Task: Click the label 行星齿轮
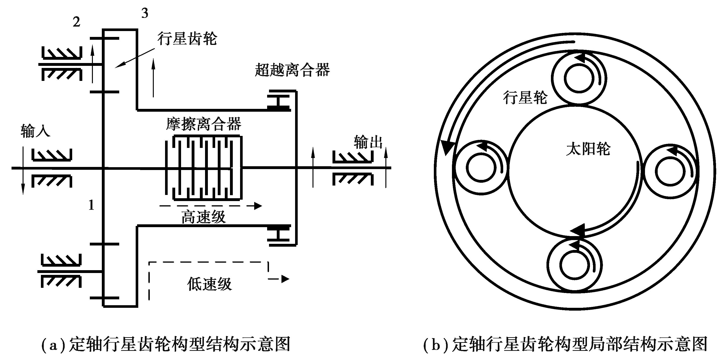click(x=187, y=39)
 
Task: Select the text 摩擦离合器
click(x=203, y=124)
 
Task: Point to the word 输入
click(x=35, y=131)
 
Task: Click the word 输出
click(x=368, y=142)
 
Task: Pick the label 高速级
click(x=203, y=217)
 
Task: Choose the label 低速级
click(x=209, y=284)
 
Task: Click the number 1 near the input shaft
click(x=91, y=205)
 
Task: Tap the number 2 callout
click(x=76, y=22)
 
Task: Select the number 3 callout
click(x=145, y=13)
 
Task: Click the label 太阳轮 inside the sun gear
click(x=588, y=149)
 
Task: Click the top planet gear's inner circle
click(x=578, y=79)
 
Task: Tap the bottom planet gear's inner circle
click(x=574, y=265)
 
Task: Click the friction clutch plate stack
click(x=203, y=168)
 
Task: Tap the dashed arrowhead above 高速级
click(x=257, y=206)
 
